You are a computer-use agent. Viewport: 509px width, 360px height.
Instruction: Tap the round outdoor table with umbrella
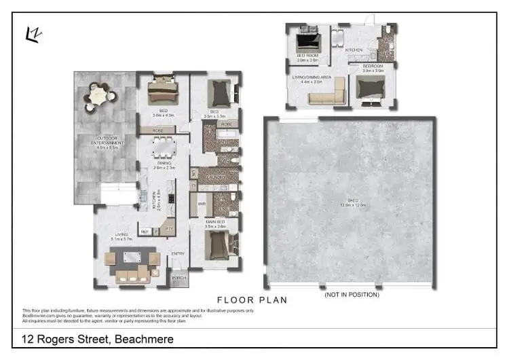[98, 97]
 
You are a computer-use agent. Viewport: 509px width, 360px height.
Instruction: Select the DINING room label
[164, 164]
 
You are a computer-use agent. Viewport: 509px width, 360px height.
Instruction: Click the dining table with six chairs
[164, 147]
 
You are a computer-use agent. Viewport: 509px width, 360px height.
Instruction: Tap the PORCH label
[179, 278]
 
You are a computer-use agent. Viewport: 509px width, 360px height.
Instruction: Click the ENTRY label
[178, 253]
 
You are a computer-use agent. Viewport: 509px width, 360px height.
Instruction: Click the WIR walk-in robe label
[202, 203]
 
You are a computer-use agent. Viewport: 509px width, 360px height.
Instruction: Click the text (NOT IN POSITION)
[352, 294]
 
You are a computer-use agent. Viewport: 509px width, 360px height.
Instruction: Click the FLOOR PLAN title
[252, 300]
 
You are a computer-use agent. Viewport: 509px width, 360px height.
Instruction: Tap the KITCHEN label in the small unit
[354, 50]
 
